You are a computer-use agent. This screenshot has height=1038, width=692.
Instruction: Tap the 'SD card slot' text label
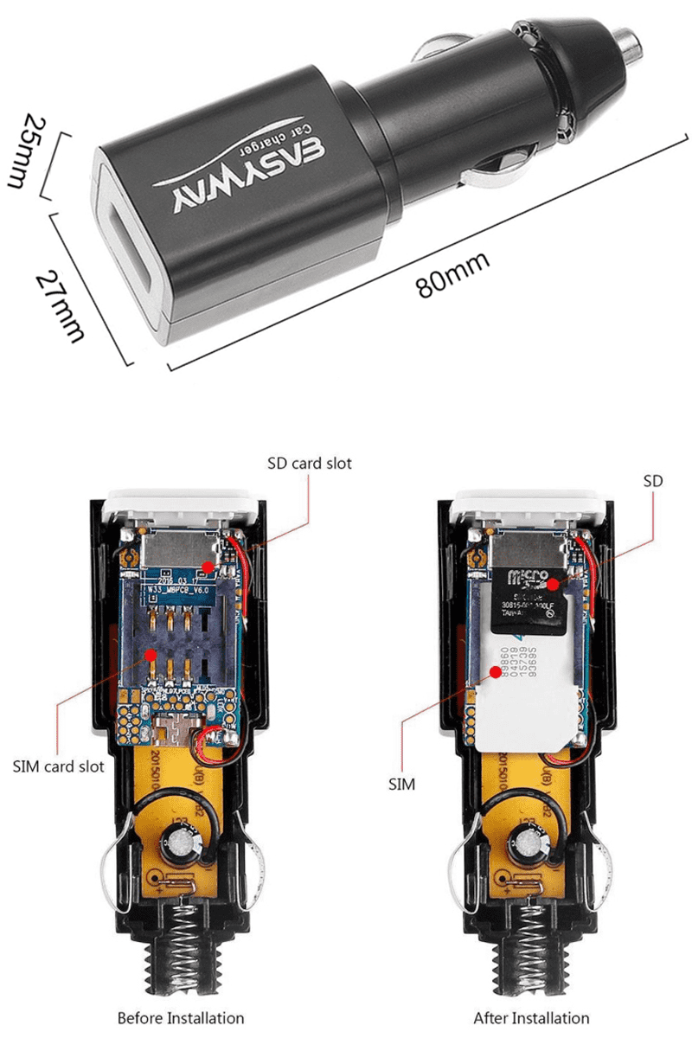[309, 463]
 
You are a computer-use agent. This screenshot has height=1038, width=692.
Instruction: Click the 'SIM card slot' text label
[59, 766]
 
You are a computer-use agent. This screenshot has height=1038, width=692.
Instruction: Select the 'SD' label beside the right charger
[652, 480]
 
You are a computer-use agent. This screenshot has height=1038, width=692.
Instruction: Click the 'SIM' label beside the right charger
[401, 785]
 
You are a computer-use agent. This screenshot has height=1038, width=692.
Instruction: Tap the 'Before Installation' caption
[181, 1018]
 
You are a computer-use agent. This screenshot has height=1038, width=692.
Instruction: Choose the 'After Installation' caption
[531, 1018]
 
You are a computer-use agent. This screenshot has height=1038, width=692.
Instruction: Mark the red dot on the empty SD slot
[208, 566]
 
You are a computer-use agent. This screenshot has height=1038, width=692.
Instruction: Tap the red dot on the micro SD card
[552, 585]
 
